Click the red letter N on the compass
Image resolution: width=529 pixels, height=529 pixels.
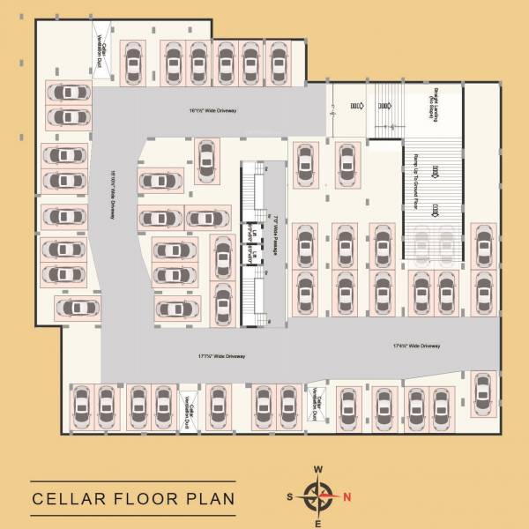point(347,495)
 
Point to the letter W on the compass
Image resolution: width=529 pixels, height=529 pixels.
point(318,469)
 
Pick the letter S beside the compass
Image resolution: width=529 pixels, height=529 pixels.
point(290,496)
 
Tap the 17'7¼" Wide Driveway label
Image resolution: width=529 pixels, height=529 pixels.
point(221,356)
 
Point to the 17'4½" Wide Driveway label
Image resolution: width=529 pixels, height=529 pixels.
point(416,346)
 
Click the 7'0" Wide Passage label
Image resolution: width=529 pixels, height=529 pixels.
point(276,237)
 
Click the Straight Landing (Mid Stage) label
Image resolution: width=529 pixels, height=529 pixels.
point(436,104)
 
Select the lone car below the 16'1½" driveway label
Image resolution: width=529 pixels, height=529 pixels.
point(206,159)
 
